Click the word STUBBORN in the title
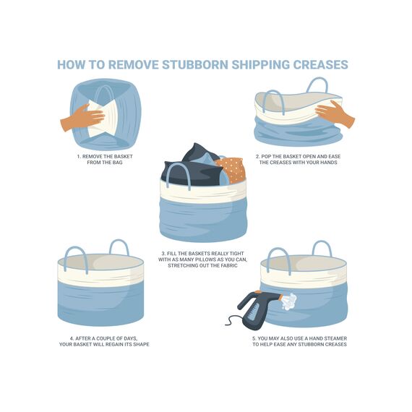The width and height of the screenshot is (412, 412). pyautogui.click(x=195, y=64)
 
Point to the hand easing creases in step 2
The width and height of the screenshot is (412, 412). pyautogui.click(x=334, y=113)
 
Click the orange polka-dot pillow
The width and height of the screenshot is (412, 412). pyautogui.click(x=231, y=169)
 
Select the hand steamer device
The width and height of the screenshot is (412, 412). pyautogui.click(x=259, y=309)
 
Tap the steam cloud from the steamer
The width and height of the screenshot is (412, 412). pyautogui.click(x=289, y=301)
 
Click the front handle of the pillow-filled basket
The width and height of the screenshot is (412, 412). pyautogui.click(x=179, y=173)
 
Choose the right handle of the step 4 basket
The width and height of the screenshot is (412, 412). pyautogui.click(x=119, y=246)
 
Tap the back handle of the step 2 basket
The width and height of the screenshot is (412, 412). pyautogui.click(x=317, y=84)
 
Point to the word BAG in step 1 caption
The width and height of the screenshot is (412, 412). pyautogui.click(x=117, y=163)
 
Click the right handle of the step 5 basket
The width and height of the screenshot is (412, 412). pyautogui.click(x=322, y=247)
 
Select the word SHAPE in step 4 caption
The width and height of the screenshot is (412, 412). pyautogui.click(x=142, y=344)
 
